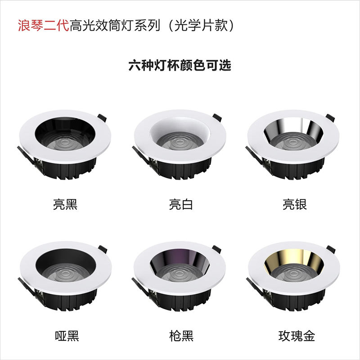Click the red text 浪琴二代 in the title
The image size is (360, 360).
(x=43, y=25)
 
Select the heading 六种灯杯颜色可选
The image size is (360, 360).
(x=180, y=66)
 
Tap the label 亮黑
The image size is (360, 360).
(x=66, y=205)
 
